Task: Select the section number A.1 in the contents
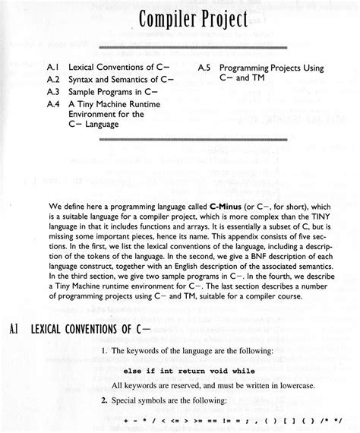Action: tap(54, 67)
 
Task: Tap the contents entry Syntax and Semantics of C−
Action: tap(121, 78)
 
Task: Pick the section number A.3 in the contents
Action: tap(54, 90)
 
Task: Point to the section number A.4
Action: tap(54, 101)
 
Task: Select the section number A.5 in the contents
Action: tap(205, 67)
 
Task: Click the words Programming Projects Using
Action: tap(271, 67)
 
